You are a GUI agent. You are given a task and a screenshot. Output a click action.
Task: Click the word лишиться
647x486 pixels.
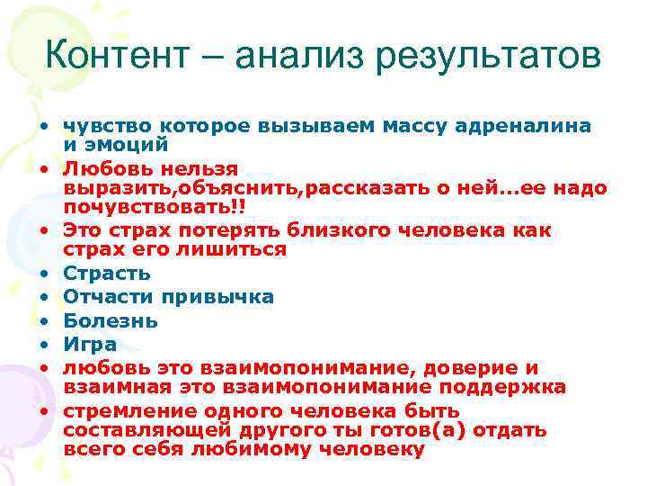point(240,249)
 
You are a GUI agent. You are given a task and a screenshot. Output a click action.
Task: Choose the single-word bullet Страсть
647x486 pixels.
point(107,274)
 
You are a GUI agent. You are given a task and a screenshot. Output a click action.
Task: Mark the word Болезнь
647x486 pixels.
point(111,320)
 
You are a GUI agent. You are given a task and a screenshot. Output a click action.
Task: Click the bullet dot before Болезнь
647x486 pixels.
point(43,320)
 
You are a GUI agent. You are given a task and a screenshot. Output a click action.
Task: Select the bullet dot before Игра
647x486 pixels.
point(43,344)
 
